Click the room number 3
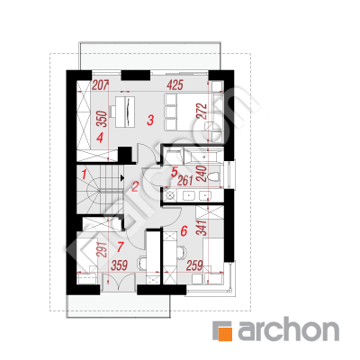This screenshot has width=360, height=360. click(150, 120)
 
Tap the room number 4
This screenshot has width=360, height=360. click(100, 138)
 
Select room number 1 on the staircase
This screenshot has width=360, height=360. click(85, 175)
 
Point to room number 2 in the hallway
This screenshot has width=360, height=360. click(135, 187)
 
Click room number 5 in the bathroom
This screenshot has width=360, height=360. click(175, 172)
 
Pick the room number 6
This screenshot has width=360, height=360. click(184, 231)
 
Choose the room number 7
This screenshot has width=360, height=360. click(121, 247)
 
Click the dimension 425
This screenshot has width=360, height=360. click(175, 85)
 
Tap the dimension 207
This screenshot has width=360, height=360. click(100, 85)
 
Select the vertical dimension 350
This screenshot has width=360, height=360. click(103, 119)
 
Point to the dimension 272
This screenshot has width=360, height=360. click(202, 112)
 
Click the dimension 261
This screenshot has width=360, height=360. click(185, 181)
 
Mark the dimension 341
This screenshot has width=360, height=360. click(202, 228)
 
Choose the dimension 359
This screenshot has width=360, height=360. click(120, 265)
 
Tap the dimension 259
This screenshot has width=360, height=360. click(194, 265)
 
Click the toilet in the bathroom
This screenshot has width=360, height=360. click(214, 176)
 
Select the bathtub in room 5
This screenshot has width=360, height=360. click(203, 156)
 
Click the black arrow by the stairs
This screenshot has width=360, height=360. click(121, 178)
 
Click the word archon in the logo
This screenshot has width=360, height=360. click(288, 330)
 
